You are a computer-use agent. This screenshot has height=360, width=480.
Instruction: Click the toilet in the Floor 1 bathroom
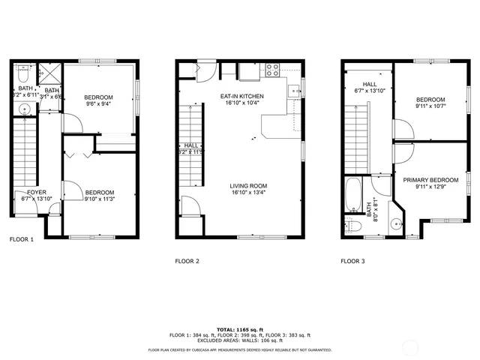coord(22,76)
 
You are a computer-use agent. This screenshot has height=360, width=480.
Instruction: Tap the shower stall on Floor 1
coord(52,73)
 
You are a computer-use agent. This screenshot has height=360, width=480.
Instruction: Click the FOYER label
coord(26,192)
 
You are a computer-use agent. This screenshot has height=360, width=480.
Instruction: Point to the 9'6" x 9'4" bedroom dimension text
coord(97,105)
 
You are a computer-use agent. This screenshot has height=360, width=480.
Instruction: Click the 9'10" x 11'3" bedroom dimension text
coord(99,199)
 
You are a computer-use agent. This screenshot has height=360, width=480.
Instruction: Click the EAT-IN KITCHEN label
coord(241,96)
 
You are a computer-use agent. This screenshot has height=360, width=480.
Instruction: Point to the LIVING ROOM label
coord(247,186)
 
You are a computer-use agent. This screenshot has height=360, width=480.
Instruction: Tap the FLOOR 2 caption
coord(187,262)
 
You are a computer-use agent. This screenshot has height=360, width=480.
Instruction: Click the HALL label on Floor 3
coord(369,84)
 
